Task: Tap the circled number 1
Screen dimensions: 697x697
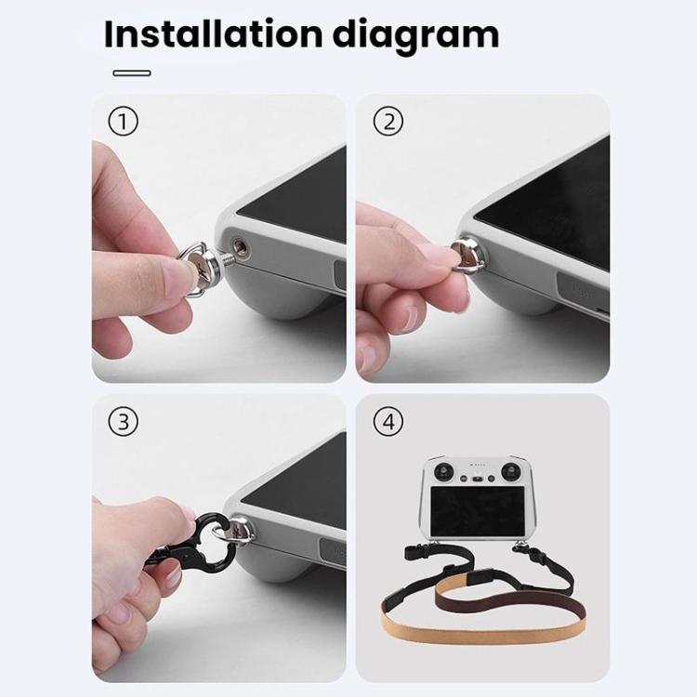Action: pyautogui.click(x=123, y=121)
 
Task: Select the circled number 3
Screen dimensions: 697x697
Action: pyautogui.click(x=123, y=421)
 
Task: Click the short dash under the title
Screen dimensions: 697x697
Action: pyautogui.click(x=131, y=72)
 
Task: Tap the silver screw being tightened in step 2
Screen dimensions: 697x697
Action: pyautogui.click(x=462, y=254)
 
